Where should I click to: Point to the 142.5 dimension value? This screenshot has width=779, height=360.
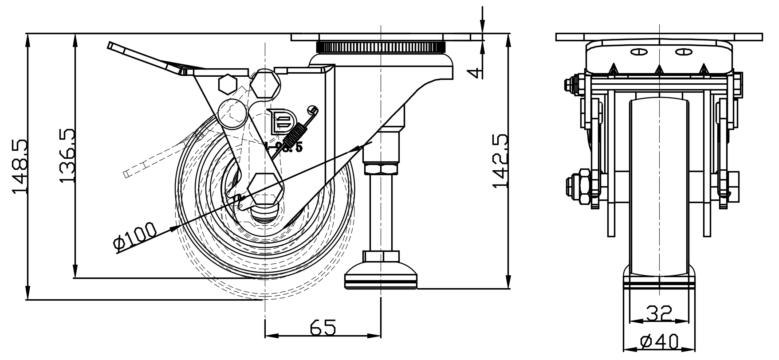[500, 161]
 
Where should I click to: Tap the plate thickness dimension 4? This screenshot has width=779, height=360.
[477, 72]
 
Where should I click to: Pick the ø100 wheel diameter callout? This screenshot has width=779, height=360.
[135, 237]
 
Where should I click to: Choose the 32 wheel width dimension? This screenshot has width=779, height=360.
[659, 313]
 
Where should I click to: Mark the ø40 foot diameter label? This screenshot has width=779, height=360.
[659, 342]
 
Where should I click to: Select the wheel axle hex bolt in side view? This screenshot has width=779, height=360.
[265, 188]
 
